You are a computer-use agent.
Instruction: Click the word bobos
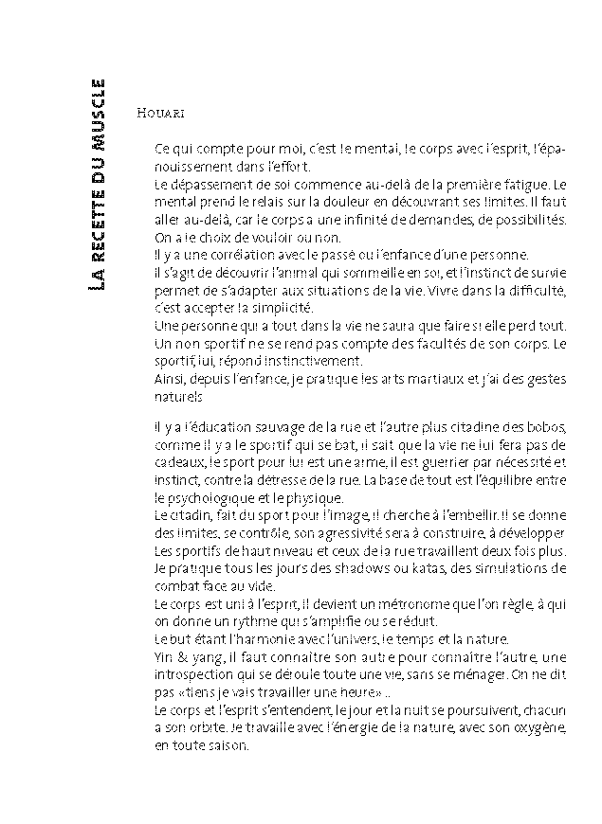[x=542, y=426]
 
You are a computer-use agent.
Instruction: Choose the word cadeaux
[x=175, y=462]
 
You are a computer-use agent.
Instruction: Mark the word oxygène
[x=538, y=727]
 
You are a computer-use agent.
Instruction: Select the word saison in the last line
[x=226, y=745]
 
